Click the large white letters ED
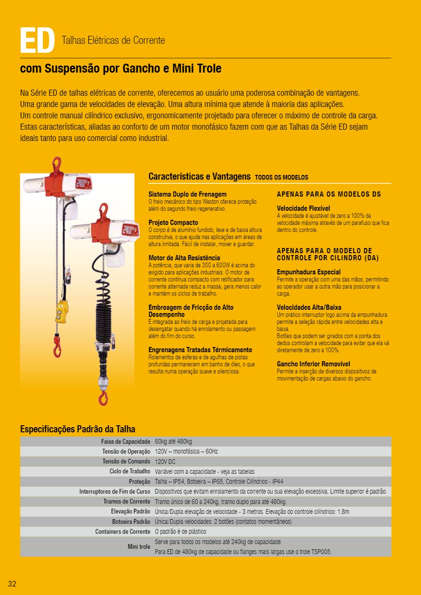tap(37, 41)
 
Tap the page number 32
tap(12, 584)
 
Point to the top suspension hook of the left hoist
tap(56, 164)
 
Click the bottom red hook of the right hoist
tap(102, 397)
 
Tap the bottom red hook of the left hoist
tap(58, 350)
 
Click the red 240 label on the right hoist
tap(129, 230)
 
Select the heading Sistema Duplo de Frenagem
tap(187, 194)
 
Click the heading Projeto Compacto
tap(173, 223)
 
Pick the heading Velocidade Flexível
tap(303, 208)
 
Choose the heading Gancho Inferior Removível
tap(313, 364)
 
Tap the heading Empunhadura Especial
tap(309, 272)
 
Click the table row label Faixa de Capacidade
tap(126, 442)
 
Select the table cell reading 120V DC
tap(165, 462)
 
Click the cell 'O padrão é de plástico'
tap(180, 532)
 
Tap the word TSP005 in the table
tap(321, 552)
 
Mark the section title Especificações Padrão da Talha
tap(77, 429)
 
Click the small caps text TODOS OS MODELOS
tap(281, 178)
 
